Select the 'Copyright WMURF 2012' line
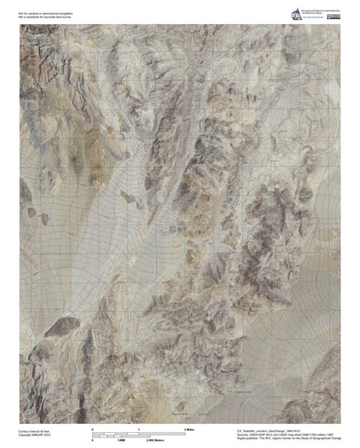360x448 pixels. coord(34,435)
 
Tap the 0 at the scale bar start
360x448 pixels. coord(92,427)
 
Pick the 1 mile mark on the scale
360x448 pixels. coord(139,427)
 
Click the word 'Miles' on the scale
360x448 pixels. coord(190,427)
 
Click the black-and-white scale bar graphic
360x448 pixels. coord(139,434)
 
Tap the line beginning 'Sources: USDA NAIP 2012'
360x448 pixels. coord(274,436)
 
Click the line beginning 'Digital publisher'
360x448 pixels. coord(277,440)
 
